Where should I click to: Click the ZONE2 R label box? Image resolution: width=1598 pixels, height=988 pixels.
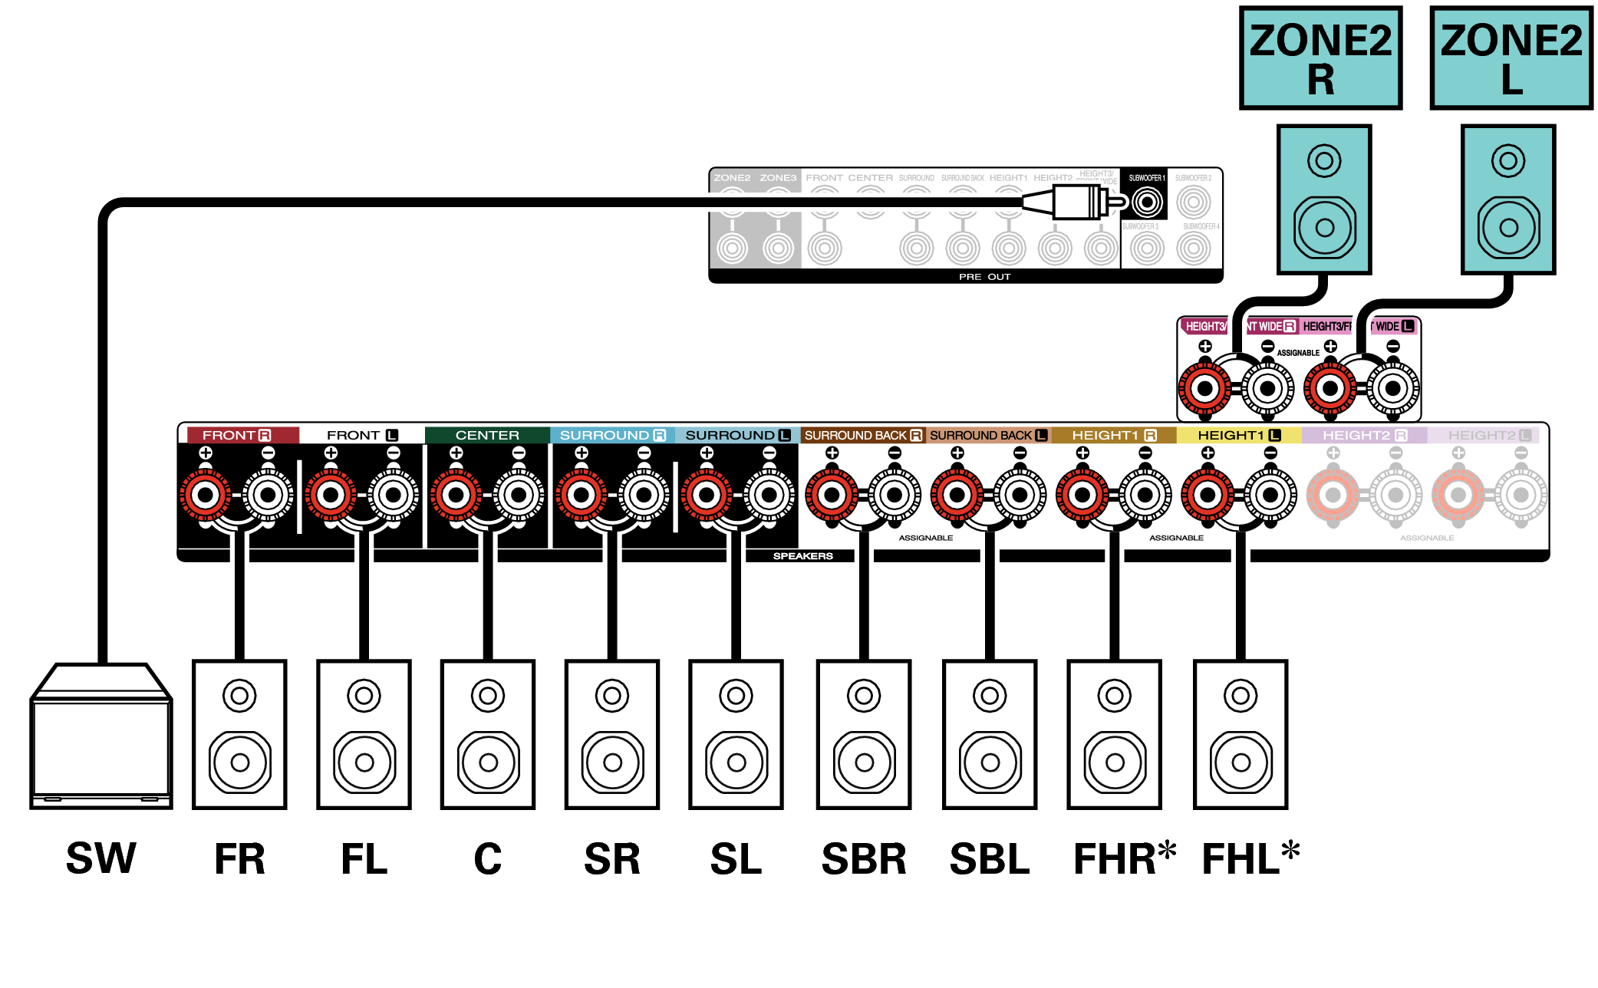pyautogui.click(x=1320, y=58)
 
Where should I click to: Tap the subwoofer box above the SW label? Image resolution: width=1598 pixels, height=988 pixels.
pyautogui.click(x=100, y=736)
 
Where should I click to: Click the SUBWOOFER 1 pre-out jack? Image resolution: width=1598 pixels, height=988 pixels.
pyautogui.click(x=1147, y=203)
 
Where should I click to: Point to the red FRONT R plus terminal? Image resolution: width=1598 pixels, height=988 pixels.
pyautogui.click(x=205, y=495)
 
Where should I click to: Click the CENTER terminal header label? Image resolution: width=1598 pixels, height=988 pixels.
pyautogui.click(x=487, y=435)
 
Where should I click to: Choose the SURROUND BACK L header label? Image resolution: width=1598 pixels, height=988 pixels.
pyautogui.click(x=988, y=435)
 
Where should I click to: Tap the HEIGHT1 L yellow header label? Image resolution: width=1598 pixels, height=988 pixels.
pyautogui.click(x=1238, y=435)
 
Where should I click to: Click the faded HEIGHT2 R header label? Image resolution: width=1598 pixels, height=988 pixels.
pyautogui.click(x=1364, y=435)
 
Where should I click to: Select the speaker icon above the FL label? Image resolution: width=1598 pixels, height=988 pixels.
pyautogui.click(x=364, y=734)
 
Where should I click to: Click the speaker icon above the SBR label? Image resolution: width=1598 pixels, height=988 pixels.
pyautogui.click(x=864, y=734)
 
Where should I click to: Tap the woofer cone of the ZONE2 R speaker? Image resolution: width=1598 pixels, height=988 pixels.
pyautogui.click(x=1324, y=228)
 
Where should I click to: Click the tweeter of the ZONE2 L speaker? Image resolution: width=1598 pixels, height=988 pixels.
pyautogui.click(x=1508, y=161)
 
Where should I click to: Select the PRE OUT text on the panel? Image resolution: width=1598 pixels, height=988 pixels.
pyautogui.click(x=984, y=277)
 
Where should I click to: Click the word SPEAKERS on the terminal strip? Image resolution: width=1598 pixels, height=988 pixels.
pyautogui.click(x=802, y=556)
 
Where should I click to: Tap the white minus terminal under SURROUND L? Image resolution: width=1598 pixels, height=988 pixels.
pyautogui.click(x=769, y=495)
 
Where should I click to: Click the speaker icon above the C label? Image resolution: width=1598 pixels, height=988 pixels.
pyautogui.click(x=488, y=734)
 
